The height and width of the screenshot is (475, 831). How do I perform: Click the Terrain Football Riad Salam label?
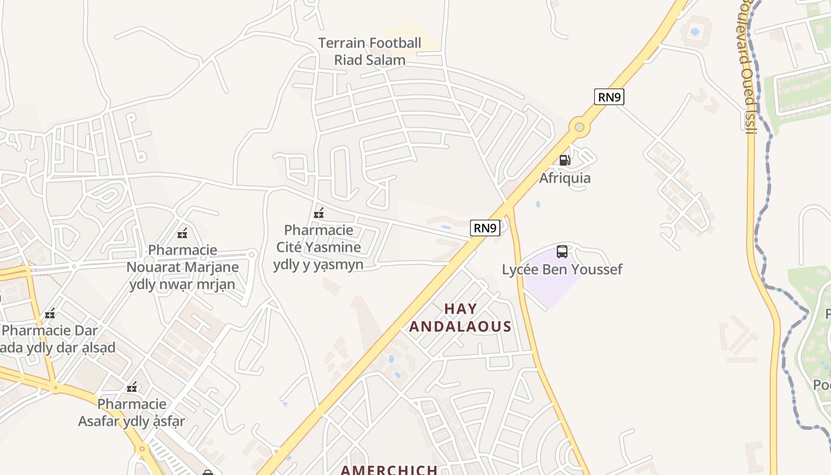(x=369, y=51)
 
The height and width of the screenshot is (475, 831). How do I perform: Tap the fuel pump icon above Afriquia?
(x=564, y=160)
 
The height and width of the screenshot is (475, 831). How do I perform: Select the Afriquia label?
(x=564, y=178)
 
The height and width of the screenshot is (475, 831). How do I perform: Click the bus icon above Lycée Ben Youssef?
(x=562, y=252)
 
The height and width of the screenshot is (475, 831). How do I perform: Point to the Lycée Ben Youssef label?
(x=562, y=270)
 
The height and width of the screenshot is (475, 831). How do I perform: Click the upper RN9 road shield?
(x=609, y=97)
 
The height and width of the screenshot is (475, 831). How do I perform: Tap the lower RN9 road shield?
(x=485, y=228)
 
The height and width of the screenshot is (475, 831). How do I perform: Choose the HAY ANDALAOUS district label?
(x=460, y=318)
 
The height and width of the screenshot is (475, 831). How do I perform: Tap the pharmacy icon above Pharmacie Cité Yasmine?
(x=319, y=213)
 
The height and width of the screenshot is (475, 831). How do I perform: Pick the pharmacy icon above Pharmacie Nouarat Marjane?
(x=183, y=233)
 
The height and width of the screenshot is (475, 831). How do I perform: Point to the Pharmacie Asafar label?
(x=132, y=413)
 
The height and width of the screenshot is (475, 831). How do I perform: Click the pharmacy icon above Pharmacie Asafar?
(x=132, y=387)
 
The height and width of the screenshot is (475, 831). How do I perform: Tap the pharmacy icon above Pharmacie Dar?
(x=50, y=313)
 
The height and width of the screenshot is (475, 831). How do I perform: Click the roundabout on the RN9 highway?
(x=579, y=127)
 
